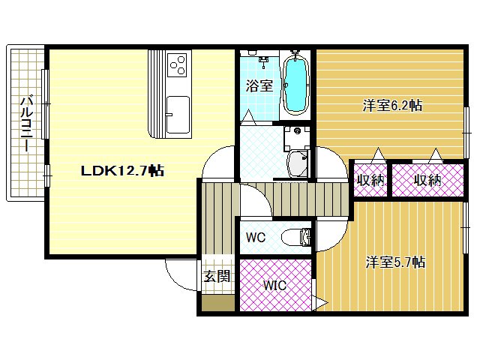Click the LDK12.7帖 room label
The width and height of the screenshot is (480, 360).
tap(122, 170)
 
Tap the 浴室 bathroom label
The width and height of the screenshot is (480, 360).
tap(259, 85)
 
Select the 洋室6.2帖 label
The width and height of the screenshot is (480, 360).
tap(392, 105)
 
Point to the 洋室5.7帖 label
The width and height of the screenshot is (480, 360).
tap(395, 262)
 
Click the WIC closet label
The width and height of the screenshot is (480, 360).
tap(275, 285)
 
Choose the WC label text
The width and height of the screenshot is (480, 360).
tap(256, 237)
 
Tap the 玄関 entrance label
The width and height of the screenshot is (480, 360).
tap(217, 277)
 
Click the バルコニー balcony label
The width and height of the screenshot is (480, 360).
tap(27, 124)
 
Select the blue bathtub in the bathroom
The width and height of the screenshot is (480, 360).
tap(295, 84)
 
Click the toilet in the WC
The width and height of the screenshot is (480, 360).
tap(296, 238)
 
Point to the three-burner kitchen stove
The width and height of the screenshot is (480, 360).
tap(178, 64)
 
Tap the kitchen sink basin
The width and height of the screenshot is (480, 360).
tap(178, 115)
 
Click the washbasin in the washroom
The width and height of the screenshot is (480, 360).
tap(297, 163)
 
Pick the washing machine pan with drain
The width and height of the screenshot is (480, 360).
tap(297, 137)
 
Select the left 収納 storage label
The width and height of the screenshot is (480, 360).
tap(370, 180)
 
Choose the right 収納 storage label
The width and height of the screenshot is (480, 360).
tap(427, 180)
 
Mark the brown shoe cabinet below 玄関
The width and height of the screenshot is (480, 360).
tap(218, 303)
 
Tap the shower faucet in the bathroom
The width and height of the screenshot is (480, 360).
tap(264, 61)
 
